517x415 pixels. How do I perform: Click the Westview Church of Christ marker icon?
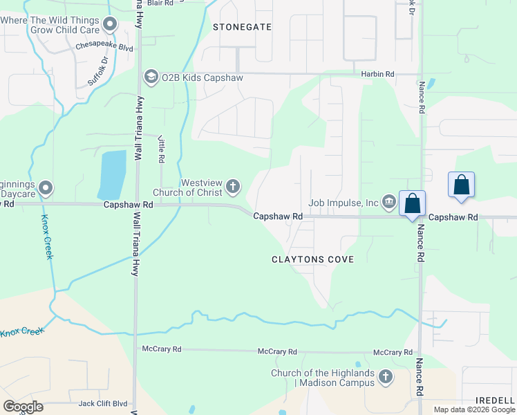pyautogui.click(x=234, y=186)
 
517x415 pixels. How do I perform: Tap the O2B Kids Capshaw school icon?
pyautogui.click(x=150, y=75)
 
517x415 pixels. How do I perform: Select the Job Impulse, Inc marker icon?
pyautogui.click(x=388, y=202)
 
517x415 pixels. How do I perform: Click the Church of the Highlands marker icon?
pyautogui.click(x=386, y=378)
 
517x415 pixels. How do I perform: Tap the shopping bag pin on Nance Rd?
pyautogui.click(x=413, y=204)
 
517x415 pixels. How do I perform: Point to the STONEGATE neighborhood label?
pyautogui.click(x=242, y=27)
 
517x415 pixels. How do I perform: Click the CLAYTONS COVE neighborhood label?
pyautogui.click(x=312, y=259)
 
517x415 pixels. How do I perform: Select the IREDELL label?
pyautogui.click(x=495, y=400)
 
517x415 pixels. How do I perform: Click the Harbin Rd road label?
pyautogui.click(x=377, y=73)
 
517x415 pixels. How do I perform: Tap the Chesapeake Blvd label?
pyautogui.click(x=104, y=48)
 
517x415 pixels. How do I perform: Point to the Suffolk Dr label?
pyautogui.click(x=98, y=72)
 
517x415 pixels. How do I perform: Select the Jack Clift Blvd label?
pyautogui.click(x=103, y=403)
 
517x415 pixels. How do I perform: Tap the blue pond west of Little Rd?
pyautogui.click(x=112, y=175)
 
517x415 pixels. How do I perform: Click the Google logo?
pyautogui.click(x=23, y=407)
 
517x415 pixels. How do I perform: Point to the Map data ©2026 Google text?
pyautogui.click(x=473, y=409)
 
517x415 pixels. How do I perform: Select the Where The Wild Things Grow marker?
pyautogui.click(x=109, y=25)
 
